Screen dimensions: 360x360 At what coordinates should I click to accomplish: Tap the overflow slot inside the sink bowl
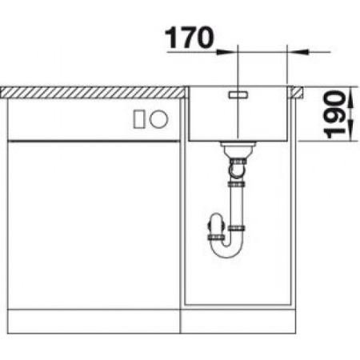238,94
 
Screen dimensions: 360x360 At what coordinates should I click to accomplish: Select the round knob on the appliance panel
159,118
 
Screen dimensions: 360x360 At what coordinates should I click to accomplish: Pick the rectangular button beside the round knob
138,118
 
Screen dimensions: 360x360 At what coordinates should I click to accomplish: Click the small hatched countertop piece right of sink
299,90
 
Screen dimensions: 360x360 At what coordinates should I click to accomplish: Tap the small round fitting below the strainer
238,168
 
